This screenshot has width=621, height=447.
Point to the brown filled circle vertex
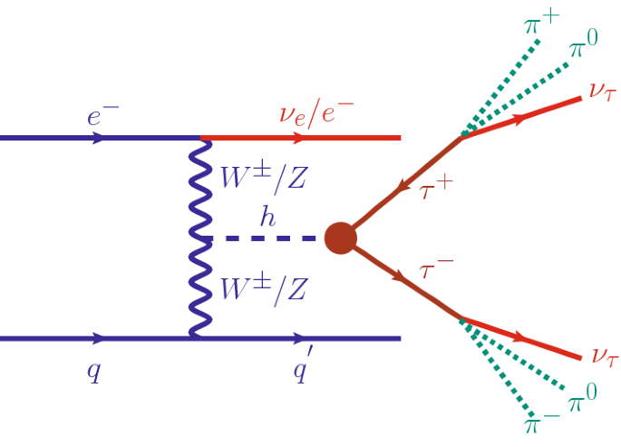[x=340, y=238]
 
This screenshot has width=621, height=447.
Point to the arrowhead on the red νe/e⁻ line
[x=299, y=138]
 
